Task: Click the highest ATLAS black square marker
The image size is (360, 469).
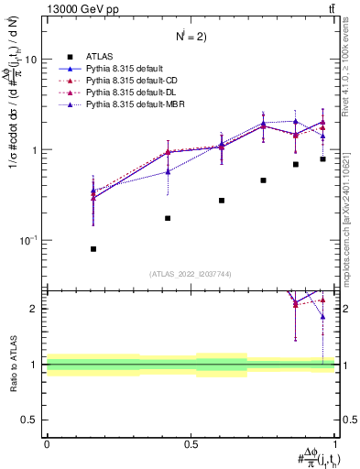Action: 322,159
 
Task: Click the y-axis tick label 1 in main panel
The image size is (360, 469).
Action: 34,149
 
